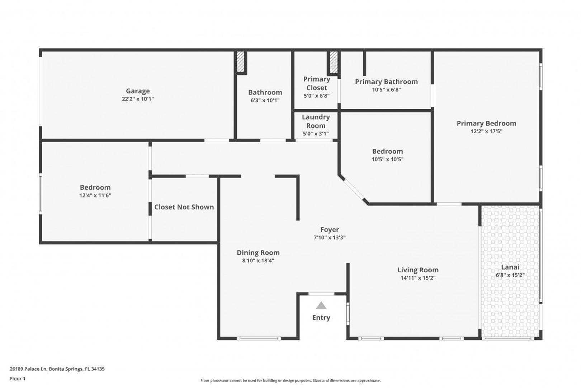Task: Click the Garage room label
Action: (x=138, y=91)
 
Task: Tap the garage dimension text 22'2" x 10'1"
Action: (x=138, y=99)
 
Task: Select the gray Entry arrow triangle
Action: (x=321, y=305)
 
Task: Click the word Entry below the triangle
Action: (x=321, y=318)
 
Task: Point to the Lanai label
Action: (x=510, y=267)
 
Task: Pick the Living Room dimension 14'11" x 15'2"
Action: (x=418, y=278)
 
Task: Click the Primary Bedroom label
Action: (x=486, y=124)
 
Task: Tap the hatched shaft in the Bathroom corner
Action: (x=240, y=62)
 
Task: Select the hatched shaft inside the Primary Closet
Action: (x=334, y=62)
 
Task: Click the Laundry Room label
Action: (x=316, y=121)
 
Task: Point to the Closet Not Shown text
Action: (x=184, y=207)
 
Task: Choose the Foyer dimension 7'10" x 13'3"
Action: (x=329, y=237)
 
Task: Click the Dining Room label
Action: (x=258, y=253)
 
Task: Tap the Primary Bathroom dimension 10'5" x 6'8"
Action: (x=387, y=90)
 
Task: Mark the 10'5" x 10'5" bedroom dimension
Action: (x=387, y=159)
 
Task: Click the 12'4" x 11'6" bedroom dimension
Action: (x=95, y=195)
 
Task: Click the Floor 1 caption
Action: (x=18, y=379)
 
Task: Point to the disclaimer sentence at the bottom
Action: (x=290, y=380)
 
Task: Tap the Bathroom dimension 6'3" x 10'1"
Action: (x=265, y=100)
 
